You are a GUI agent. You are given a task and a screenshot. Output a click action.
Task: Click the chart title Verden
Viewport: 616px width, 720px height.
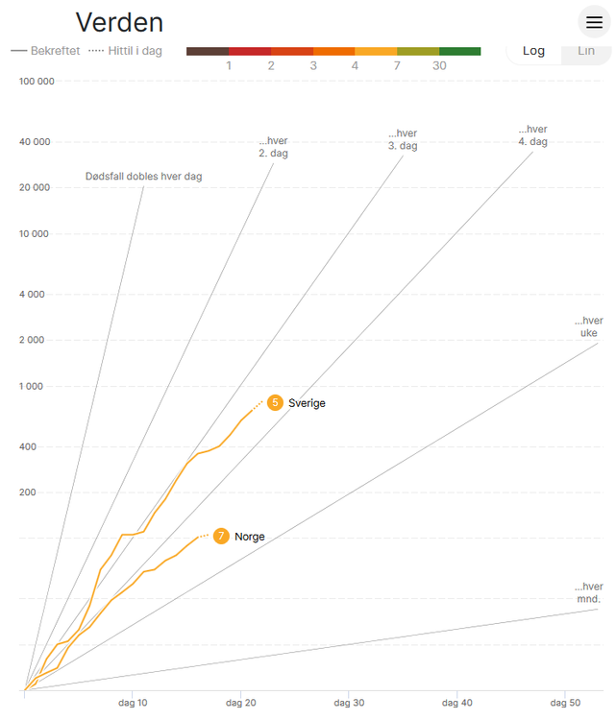pos(119,22)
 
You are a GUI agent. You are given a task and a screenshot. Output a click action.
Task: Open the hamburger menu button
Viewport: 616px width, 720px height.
pos(594,22)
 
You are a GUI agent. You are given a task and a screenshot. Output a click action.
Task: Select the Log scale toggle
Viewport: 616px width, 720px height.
pos(534,50)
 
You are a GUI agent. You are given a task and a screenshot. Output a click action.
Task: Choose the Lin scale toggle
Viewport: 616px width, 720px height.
pos(585,50)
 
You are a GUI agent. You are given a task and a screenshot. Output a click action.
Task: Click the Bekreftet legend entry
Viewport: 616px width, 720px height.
pos(45,50)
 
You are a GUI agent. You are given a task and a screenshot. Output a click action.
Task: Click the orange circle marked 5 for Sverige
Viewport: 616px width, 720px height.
pos(275,402)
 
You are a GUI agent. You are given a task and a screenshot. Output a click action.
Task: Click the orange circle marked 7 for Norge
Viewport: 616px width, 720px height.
pos(221,536)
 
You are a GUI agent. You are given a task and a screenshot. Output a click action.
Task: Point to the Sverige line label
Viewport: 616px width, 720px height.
pos(307,403)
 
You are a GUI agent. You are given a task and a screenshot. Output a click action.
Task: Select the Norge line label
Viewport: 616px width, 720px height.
pos(250,537)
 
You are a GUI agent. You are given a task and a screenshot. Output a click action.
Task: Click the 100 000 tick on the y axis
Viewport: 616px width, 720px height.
pos(37,81)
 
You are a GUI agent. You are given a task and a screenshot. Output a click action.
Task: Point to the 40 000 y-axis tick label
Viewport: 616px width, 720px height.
pos(35,142)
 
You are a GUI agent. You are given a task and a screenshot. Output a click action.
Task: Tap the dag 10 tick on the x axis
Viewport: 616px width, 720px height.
pos(133,704)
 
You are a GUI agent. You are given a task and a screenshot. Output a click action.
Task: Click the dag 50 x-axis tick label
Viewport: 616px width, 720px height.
pos(566,704)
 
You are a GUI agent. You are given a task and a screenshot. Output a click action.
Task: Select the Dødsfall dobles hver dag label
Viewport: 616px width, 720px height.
pos(143,176)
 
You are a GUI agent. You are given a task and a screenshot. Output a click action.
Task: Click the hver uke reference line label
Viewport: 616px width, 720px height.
pos(588,326)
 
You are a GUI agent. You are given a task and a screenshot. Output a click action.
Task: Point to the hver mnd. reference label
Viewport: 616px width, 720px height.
pos(588,592)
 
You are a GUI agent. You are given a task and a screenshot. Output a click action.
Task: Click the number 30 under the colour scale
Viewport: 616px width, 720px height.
pos(439,65)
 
